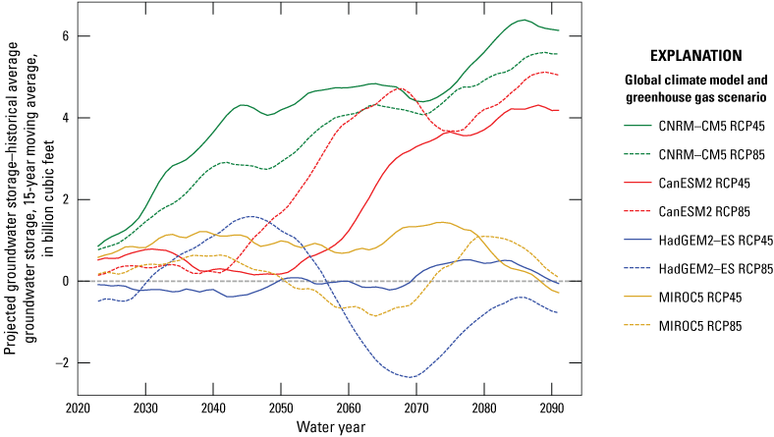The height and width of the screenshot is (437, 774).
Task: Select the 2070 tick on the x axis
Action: pyautogui.click(x=415, y=408)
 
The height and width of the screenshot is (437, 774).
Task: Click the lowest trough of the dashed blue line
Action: pyautogui.click(x=412, y=377)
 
